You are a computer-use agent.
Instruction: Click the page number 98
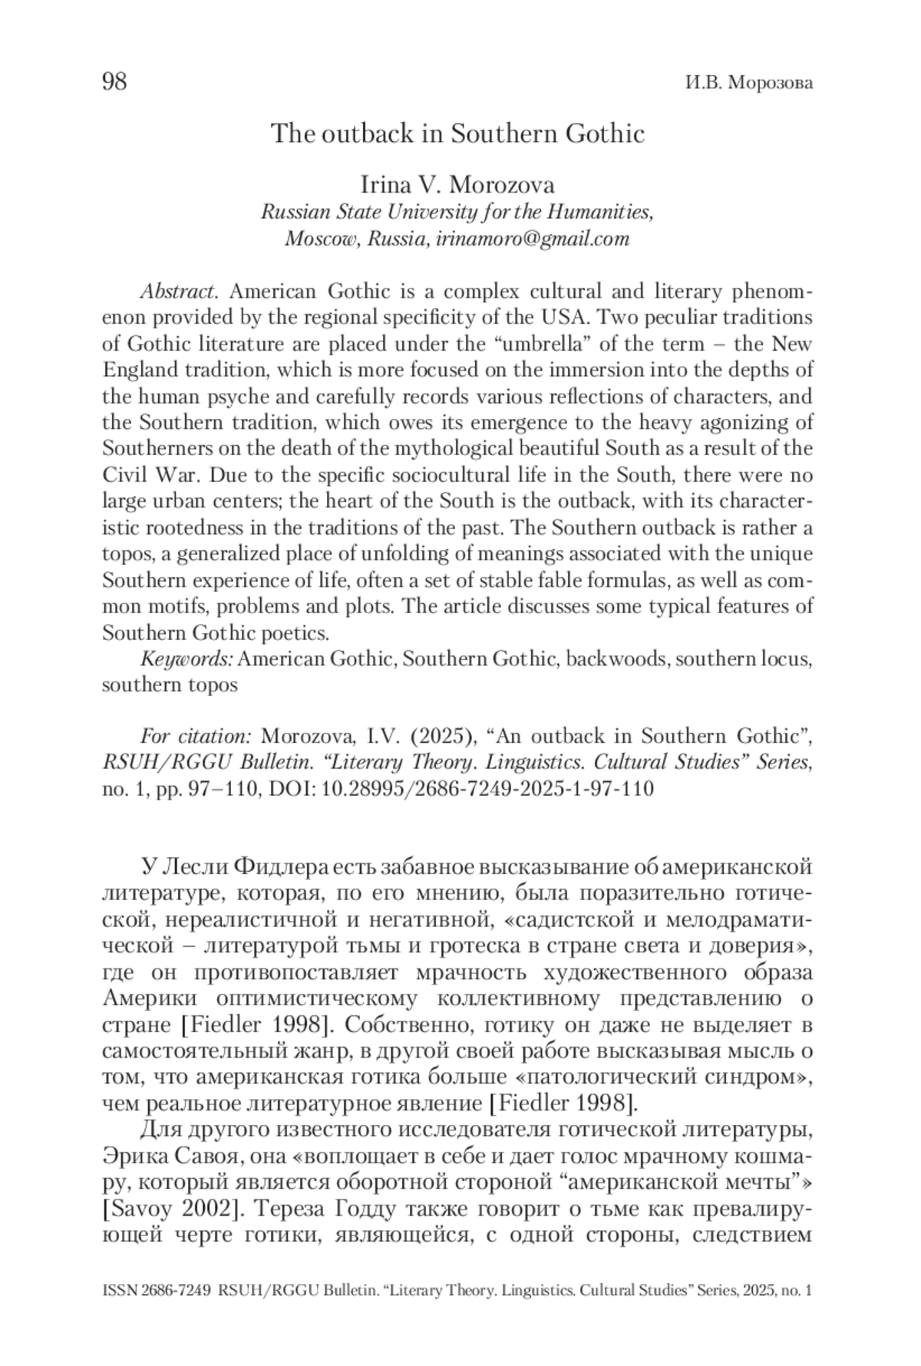[114, 82]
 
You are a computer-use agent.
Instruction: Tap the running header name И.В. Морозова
[748, 84]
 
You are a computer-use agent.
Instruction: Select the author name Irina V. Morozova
[457, 186]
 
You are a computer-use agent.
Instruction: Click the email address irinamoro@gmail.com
[532, 239]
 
